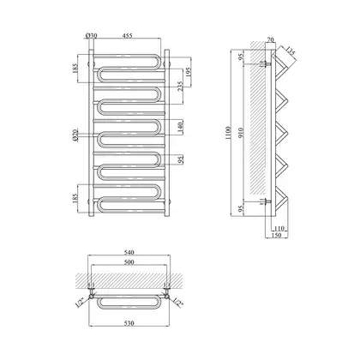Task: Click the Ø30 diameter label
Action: tap(92, 36)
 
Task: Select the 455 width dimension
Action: tap(128, 35)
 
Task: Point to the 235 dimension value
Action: tap(180, 86)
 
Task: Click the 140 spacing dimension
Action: tap(180, 127)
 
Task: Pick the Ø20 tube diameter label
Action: tap(75, 135)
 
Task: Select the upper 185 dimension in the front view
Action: tap(75, 69)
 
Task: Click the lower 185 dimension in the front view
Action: tap(75, 199)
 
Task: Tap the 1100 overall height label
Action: tap(228, 133)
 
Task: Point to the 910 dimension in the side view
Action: tap(241, 133)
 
